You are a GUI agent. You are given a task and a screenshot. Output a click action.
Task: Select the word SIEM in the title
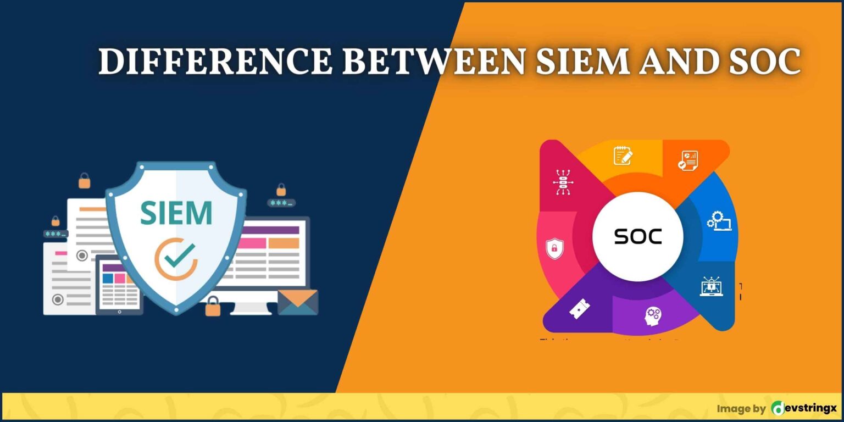(582, 62)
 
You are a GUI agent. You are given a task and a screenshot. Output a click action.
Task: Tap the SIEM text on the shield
(176, 213)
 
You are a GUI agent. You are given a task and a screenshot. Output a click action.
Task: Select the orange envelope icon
(297, 302)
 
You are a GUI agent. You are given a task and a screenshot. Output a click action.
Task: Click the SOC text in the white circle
(638, 236)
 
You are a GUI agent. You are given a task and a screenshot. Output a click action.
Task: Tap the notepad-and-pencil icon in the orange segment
(623, 156)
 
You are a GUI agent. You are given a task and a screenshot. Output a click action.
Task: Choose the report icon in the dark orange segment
(687, 160)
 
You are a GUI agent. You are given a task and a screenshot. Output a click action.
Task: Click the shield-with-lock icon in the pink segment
(554, 248)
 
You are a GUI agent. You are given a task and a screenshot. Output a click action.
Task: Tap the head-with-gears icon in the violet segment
(653, 315)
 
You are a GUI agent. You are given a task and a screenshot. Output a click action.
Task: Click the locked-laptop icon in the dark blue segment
(711, 286)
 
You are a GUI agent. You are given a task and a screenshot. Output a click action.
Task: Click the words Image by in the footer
(741, 408)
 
